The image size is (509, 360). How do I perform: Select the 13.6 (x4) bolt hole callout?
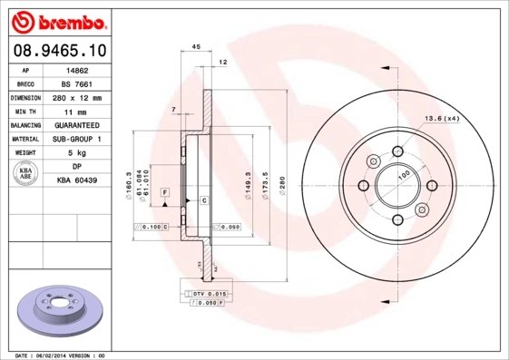tap(440, 119)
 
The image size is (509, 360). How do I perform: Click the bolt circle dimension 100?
tap(405, 173)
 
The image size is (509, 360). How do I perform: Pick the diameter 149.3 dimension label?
tap(248, 187)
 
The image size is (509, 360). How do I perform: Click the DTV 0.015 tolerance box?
tap(209, 295)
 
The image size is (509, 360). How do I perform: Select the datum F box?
tap(165, 193)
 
